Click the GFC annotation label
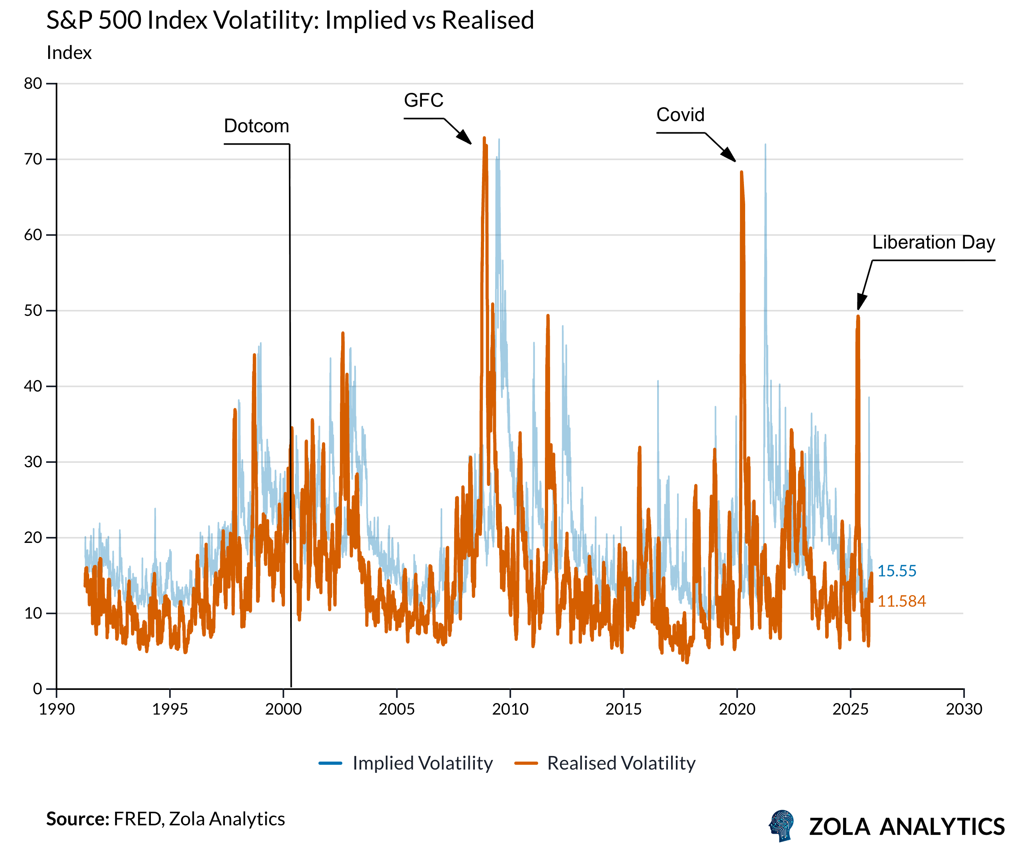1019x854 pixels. click(x=423, y=100)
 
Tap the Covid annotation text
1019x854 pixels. click(x=680, y=115)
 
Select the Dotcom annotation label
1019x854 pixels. click(x=256, y=126)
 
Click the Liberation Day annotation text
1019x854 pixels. click(x=933, y=242)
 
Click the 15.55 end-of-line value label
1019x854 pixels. click(x=896, y=571)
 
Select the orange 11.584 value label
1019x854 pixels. click(x=901, y=601)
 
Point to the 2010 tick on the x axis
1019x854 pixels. click(x=510, y=709)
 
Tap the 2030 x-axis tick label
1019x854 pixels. click(x=963, y=709)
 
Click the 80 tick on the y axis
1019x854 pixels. click(x=33, y=84)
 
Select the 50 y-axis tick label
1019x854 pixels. click(x=33, y=311)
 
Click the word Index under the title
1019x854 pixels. click(x=69, y=53)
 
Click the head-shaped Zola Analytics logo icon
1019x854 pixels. click(x=782, y=826)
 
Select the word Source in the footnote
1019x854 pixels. click(x=77, y=819)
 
